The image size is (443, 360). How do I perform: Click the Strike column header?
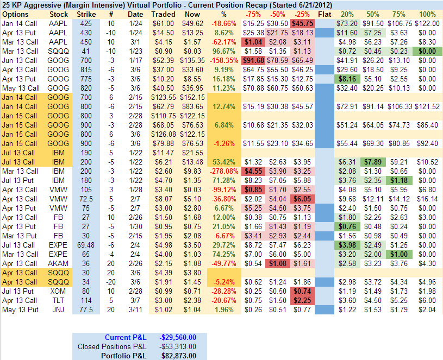click(86, 14)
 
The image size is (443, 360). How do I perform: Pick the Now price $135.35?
click(193, 60)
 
